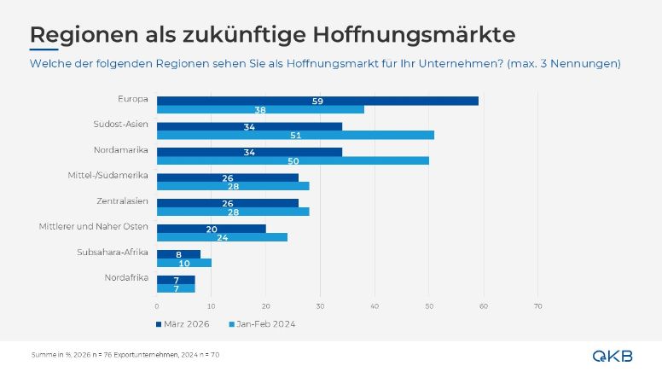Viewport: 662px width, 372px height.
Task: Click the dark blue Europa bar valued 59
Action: pyautogui.click(x=317, y=101)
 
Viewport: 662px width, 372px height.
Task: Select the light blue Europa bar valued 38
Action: pyautogui.click(x=260, y=110)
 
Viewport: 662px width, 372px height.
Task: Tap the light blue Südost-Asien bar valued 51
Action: pyautogui.click(x=295, y=135)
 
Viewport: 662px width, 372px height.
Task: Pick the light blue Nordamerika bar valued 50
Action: pyautogui.click(x=293, y=161)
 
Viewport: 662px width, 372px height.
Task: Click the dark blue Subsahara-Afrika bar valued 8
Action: pyautogui.click(x=178, y=254)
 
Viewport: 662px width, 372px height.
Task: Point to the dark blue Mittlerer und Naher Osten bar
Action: pyautogui.click(x=212, y=229)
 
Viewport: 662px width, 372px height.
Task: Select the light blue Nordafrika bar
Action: pyautogui.click(x=176, y=288)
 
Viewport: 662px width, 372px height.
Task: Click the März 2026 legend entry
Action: pyautogui.click(x=183, y=324)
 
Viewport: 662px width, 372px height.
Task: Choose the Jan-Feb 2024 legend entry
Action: pyautogui.click(x=262, y=324)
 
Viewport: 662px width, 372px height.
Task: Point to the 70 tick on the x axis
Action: pyautogui.click(x=537, y=306)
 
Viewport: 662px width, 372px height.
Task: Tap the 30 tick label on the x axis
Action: pyautogui.click(x=320, y=306)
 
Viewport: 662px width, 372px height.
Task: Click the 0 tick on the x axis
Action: pyautogui.click(x=157, y=306)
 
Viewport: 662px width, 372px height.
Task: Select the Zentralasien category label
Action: pyautogui.click(x=123, y=201)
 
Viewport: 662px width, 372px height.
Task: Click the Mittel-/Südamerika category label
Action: pyautogui.click(x=108, y=175)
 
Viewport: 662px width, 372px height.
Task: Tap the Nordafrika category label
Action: pyautogui.click(x=126, y=277)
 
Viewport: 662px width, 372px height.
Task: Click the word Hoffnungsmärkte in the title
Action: pyautogui.click(x=414, y=35)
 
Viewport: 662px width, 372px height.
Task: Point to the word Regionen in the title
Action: pyautogui.click(x=84, y=36)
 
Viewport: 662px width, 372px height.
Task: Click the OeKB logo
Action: pyautogui.click(x=613, y=356)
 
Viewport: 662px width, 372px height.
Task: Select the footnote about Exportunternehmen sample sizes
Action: pyautogui.click(x=125, y=355)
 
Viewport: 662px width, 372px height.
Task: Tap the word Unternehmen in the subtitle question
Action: pyautogui.click(x=460, y=64)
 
